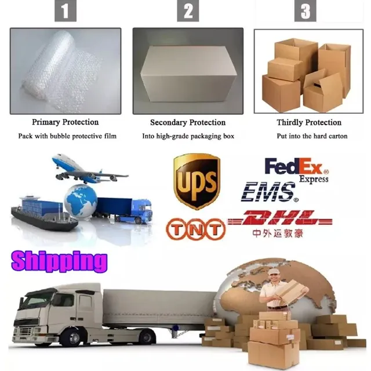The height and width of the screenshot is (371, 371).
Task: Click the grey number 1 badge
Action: point(66,10)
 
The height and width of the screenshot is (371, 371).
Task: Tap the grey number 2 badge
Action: point(188,10)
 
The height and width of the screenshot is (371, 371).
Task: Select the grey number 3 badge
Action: point(305,10)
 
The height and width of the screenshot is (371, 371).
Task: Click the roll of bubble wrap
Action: point(60,71)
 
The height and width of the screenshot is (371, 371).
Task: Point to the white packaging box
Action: point(188,74)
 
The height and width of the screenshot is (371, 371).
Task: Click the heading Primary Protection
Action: point(66,122)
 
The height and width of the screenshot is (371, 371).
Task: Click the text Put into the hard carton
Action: point(312,136)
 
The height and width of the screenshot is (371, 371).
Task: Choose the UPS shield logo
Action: point(197,181)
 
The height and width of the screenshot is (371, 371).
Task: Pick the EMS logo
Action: point(270,192)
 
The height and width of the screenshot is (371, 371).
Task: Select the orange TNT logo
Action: point(196,229)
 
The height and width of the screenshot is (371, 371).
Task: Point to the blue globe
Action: point(81,201)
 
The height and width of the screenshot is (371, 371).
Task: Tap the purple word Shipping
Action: point(59,262)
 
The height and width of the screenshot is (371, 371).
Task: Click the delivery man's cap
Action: point(274,271)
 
